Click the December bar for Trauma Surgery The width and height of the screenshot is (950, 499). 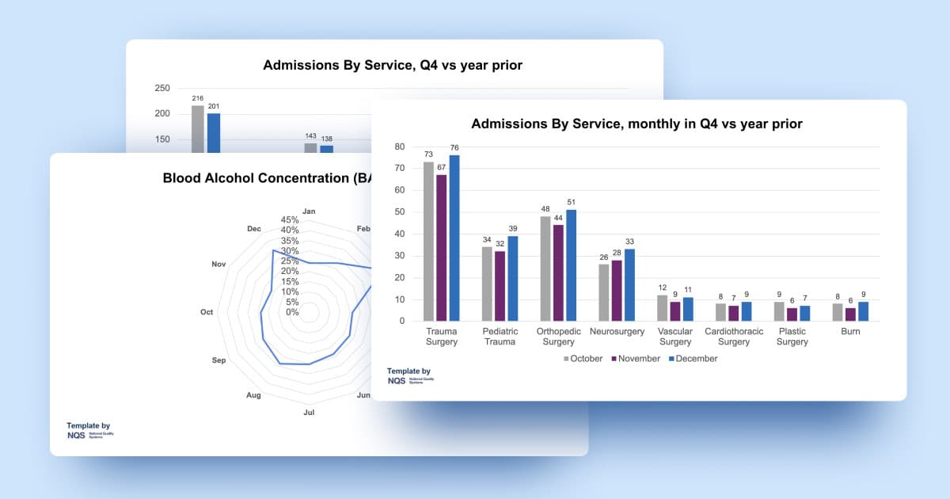pyautogui.click(x=454, y=238)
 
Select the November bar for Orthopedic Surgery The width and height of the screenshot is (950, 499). pyautogui.click(x=557, y=272)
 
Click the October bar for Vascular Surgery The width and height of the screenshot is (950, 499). pyautogui.click(x=662, y=307)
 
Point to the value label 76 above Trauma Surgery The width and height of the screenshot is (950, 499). pyautogui.click(x=454, y=147)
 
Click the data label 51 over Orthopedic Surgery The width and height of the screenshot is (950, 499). pyautogui.click(x=570, y=202)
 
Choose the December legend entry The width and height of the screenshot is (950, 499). pyautogui.click(x=693, y=359)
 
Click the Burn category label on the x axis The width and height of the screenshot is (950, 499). pyautogui.click(x=850, y=332)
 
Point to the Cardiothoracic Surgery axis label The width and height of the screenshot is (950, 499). pyautogui.click(x=734, y=337)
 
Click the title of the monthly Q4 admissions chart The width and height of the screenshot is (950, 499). pyautogui.click(x=636, y=124)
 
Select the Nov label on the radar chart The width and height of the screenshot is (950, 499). pyautogui.click(x=218, y=264)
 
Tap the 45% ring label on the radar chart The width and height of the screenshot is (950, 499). pyautogui.click(x=290, y=220)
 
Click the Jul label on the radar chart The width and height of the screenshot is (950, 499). pyautogui.click(x=310, y=412)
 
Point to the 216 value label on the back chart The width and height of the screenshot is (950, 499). pyautogui.click(x=198, y=98)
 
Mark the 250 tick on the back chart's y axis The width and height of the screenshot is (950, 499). pyautogui.click(x=161, y=88)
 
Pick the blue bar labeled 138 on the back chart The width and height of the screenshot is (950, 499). pyautogui.click(x=326, y=148)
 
